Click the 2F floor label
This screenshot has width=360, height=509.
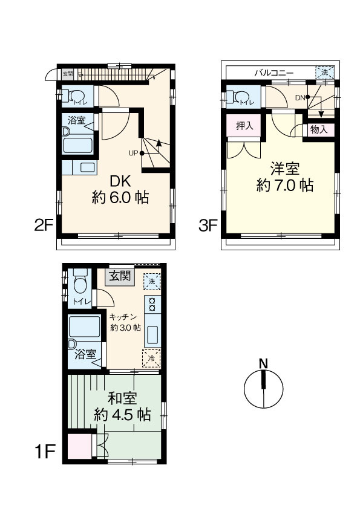point(44,225)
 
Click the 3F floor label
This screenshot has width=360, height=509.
point(208,225)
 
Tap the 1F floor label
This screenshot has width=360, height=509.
point(45,451)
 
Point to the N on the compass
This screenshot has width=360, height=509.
point(264,363)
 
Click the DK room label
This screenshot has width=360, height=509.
point(120,181)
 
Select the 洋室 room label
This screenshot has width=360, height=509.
point(285,169)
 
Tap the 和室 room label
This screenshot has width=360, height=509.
point(122,398)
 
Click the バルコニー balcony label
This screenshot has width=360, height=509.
point(274,73)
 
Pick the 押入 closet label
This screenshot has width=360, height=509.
point(244,126)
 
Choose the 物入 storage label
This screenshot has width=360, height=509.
point(319,130)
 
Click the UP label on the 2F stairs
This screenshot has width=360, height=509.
point(134,153)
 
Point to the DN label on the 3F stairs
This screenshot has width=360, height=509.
point(300,97)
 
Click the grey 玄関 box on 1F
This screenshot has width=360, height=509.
point(120,277)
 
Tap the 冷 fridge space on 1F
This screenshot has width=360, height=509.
point(151,358)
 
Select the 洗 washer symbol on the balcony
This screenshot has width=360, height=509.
point(324,73)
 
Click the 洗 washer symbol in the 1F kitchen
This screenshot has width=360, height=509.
point(152,282)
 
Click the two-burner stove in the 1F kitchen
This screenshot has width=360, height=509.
point(152,304)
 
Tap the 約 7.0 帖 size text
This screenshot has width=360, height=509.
point(285,186)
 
